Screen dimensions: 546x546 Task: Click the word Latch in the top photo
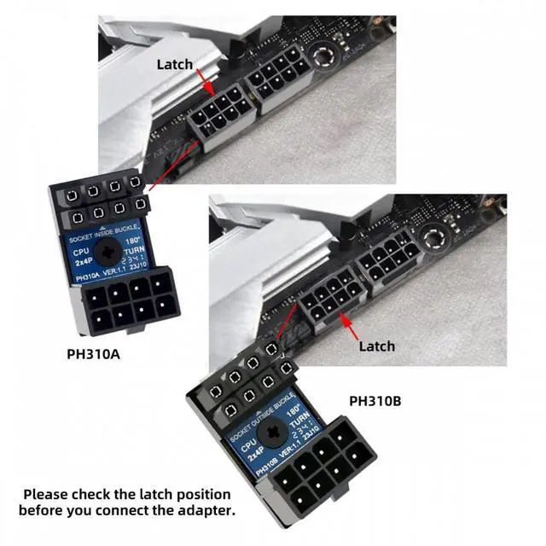pos(174,64)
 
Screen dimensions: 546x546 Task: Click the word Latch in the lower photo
pos(376,346)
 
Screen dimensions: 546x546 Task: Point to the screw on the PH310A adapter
pos(108,250)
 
